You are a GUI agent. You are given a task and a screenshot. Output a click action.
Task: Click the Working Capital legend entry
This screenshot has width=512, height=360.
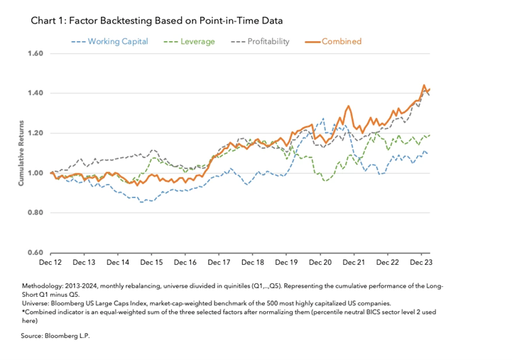coord(109,41)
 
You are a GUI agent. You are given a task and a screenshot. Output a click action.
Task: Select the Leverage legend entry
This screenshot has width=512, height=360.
coord(189,41)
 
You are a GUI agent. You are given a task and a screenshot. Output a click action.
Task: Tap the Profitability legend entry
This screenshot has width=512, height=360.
coord(260,41)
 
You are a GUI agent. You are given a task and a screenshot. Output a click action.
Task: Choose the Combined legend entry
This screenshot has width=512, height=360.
coord(333,41)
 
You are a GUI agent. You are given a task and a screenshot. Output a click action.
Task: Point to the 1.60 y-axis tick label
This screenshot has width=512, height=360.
coord(36,53)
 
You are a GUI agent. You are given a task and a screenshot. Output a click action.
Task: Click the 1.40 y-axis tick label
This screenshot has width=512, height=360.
coord(36,93)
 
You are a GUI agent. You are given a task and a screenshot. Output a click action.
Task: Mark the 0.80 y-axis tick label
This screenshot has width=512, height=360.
coord(36,212)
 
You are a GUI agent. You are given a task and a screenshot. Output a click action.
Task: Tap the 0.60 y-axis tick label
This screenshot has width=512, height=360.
coord(36,252)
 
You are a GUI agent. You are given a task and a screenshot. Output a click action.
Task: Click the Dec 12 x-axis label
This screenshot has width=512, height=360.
coord(50,263)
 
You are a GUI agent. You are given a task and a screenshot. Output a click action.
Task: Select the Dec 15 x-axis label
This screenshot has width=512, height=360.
coord(151,263)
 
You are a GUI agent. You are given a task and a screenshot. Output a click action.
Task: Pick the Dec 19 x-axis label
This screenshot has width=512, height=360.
coord(286,263)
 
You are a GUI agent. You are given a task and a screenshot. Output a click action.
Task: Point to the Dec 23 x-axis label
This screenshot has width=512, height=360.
coord(421,263)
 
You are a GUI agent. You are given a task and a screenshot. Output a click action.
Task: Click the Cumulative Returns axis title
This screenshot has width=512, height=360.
coord(21,153)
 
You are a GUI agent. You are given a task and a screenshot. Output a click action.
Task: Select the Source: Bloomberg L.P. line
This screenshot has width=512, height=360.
coord(55,336)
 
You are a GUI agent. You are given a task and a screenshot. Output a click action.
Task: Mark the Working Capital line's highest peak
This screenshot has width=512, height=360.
coord(323,119)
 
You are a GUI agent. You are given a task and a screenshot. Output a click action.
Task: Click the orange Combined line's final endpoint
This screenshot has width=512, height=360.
coord(430,89)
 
